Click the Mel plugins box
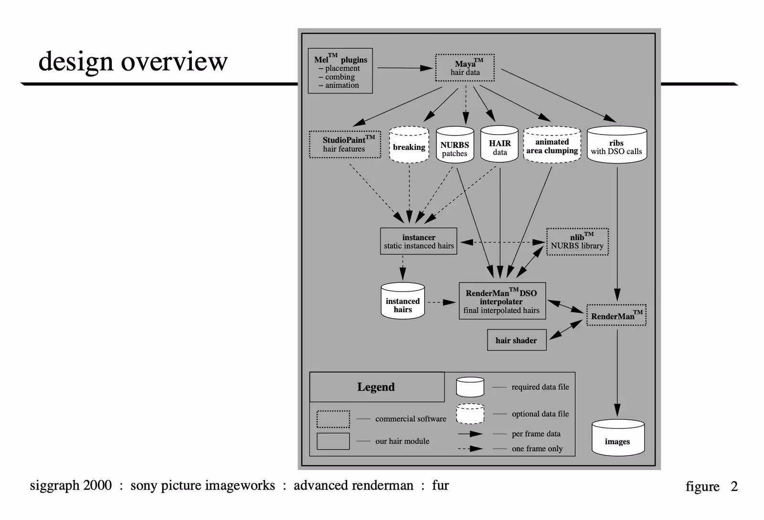[x=340, y=71]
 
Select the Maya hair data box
[x=465, y=68]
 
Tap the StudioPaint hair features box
[x=345, y=145]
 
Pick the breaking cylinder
[x=409, y=145]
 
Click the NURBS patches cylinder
[x=455, y=146]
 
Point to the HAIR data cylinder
[x=499, y=145]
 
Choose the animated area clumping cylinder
[x=552, y=145]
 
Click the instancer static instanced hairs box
[x=418, y=241]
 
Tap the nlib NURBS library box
[x=577, y=242]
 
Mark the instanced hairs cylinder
[x=403, y=302]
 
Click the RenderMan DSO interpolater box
[x=502, y=301]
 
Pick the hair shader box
[x=517, y=340]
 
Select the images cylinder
[x=617, y=438]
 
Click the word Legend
[x=376, y=387]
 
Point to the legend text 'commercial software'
[x=411, y=419]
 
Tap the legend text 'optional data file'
[x=540, y=414]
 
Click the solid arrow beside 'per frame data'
[x=470, y=434]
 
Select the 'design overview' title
[x=133, y=62]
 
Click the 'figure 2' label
[x=711, y=487]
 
